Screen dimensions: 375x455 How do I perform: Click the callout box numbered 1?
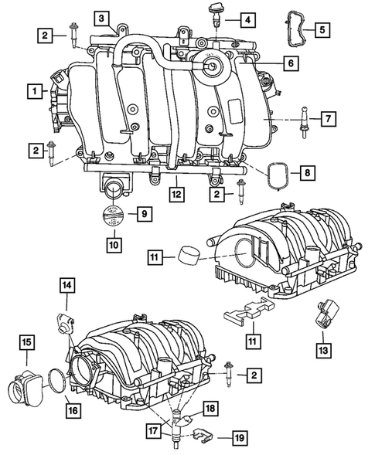[x=35, y=91]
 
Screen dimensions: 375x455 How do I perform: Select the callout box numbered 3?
[x=101, y=19]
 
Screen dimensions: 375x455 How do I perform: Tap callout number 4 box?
[x=247, y=20]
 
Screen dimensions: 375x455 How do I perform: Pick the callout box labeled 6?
[x=291, y=63]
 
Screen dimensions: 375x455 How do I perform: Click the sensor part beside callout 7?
[x=304, y=122]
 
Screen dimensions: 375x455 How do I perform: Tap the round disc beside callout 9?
[x=114, y=215]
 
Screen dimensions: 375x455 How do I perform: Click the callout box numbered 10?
[x=114, y=245]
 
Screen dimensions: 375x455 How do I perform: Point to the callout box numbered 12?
[x=177, y=194]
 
